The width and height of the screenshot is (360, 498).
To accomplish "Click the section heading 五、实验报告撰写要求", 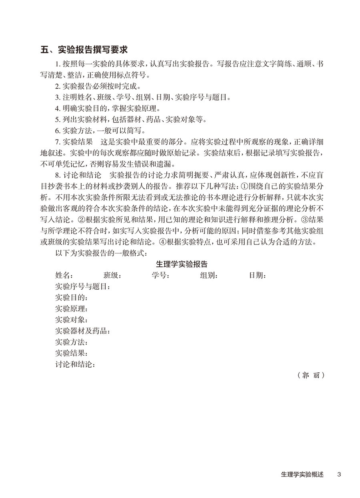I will click(84, 50).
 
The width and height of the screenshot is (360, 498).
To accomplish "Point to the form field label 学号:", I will click(161, 275).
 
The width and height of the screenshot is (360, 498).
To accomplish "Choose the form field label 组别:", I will click(209, 275).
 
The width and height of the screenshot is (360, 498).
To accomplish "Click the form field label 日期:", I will click(258, 275).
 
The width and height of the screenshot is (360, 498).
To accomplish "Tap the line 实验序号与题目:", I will click(82, 286).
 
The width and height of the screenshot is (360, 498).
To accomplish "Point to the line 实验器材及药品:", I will click(82, 331).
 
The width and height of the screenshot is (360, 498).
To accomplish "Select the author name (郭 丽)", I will click(310, 376).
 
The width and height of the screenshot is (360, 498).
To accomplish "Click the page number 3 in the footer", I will click(339, 475).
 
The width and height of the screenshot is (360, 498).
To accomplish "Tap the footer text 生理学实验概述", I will click(302, 475).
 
